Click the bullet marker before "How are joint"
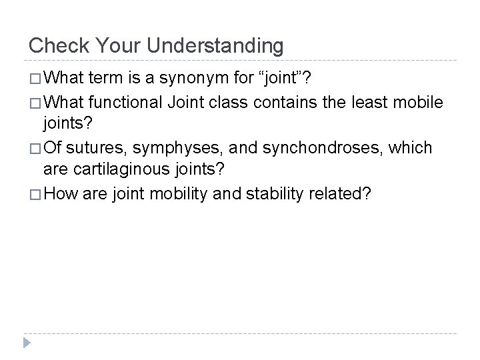tap(34, 194)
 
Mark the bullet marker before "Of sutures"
tap(34, 147)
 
